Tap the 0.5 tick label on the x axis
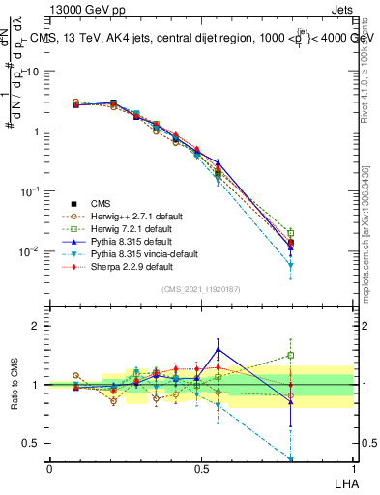[200, 467]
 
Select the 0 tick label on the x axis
[49, 467]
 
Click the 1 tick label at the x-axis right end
[352, 467]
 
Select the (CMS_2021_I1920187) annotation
[200, 290]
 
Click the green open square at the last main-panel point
[291, 232]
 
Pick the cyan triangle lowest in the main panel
[291, 265]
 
